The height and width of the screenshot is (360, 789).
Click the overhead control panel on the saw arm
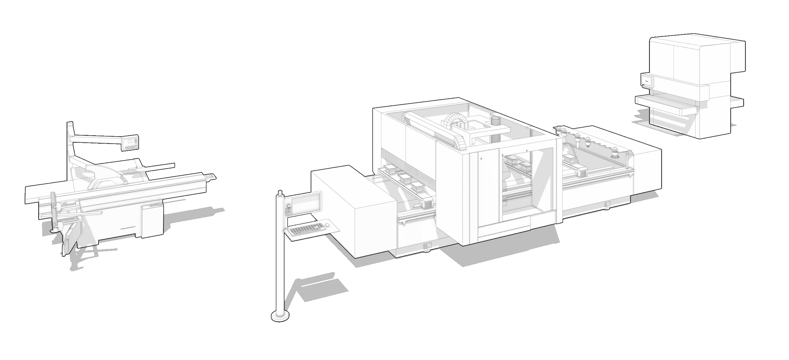pos(131,144)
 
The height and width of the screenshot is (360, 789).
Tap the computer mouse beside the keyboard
pos(327,226)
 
